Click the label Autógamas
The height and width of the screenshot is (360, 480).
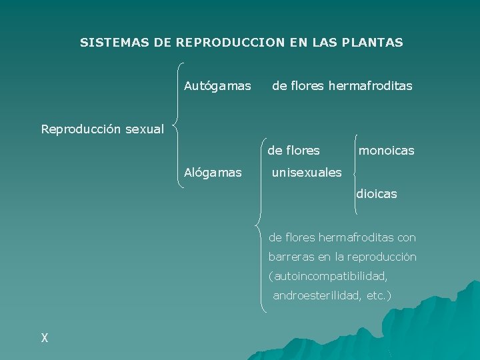pos(217,86)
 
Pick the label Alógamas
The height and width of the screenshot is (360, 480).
pos(213,173)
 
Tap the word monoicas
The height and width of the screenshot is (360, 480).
pos(387,151)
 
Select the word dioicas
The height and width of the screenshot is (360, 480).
pos(377,195)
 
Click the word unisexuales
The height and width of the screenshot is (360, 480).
pos(307,173)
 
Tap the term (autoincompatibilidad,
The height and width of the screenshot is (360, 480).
pos(328,276)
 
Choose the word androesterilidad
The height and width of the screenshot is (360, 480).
pos(317,295)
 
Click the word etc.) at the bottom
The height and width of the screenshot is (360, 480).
pos(379,295)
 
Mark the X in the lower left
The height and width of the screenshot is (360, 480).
pos(45,338)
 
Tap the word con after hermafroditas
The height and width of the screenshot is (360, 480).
pos(406,237)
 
